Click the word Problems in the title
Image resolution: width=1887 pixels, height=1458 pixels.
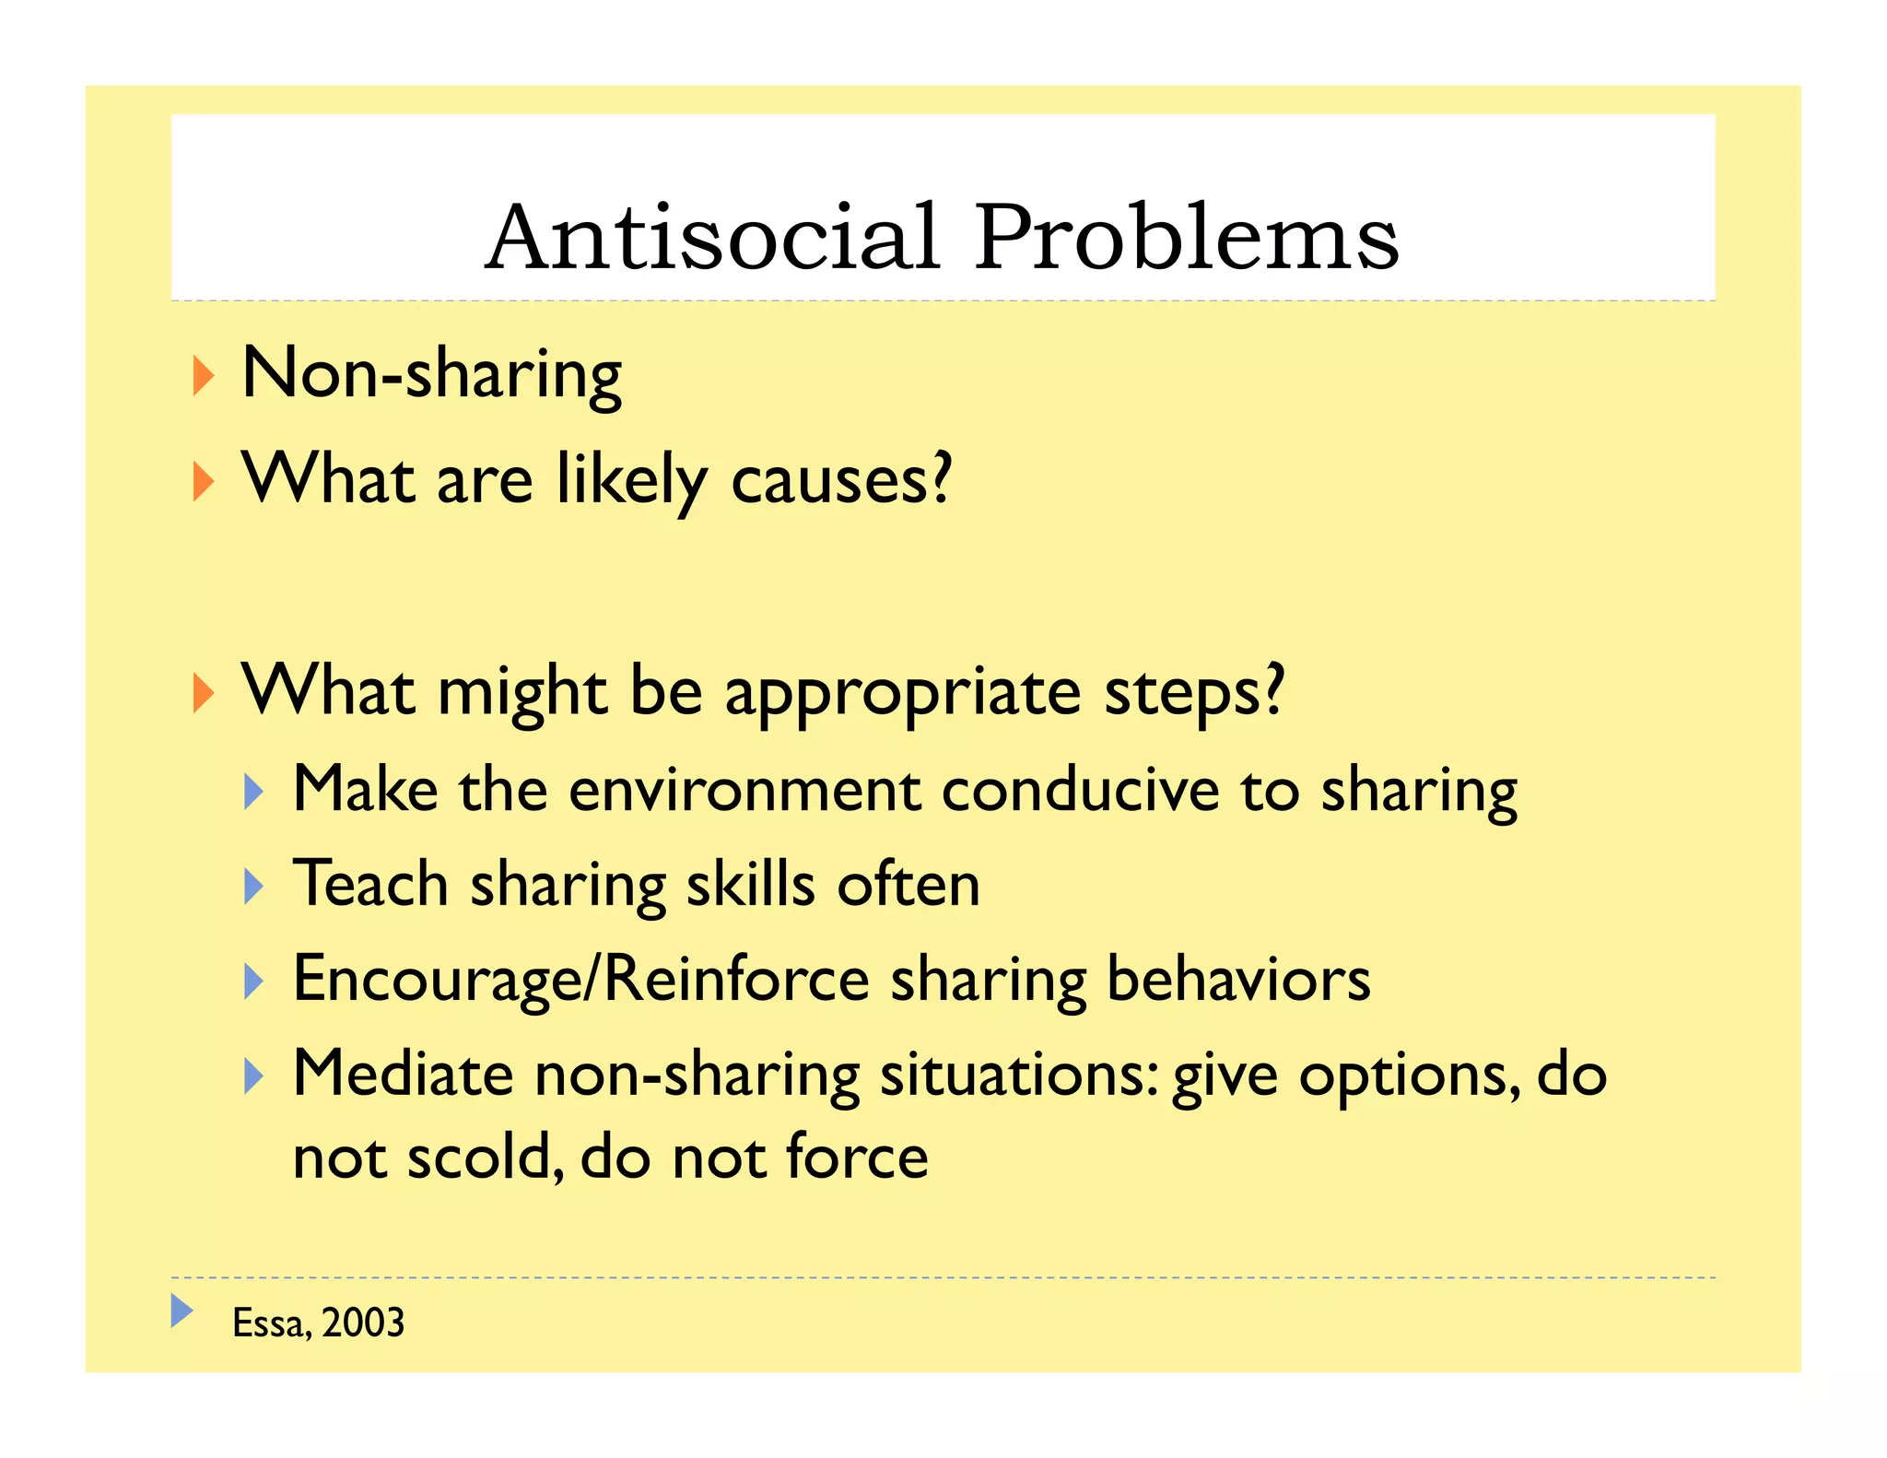[x=1187, y=238]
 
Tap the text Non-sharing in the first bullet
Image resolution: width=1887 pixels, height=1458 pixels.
[x=431, y=374]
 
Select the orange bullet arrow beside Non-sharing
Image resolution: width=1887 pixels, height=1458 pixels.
[x=204, y=376]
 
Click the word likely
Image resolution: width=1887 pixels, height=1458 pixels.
[x=631, y=481]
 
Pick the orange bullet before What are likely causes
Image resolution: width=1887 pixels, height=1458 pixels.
[x=204, y=482]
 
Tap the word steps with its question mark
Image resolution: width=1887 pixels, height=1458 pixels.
[x=1194, y=693]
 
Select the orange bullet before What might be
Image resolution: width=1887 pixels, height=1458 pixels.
[x=204, y=692]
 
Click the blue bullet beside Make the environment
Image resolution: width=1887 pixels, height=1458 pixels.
[x=254, y=791]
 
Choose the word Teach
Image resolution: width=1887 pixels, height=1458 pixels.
[x=370, y=885]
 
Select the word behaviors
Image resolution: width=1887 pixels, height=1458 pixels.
[x=1237, y=980]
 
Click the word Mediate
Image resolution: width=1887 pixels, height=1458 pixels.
[x=403, y=1075]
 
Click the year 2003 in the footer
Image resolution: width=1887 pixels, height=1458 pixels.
[x=363, y=1323]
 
